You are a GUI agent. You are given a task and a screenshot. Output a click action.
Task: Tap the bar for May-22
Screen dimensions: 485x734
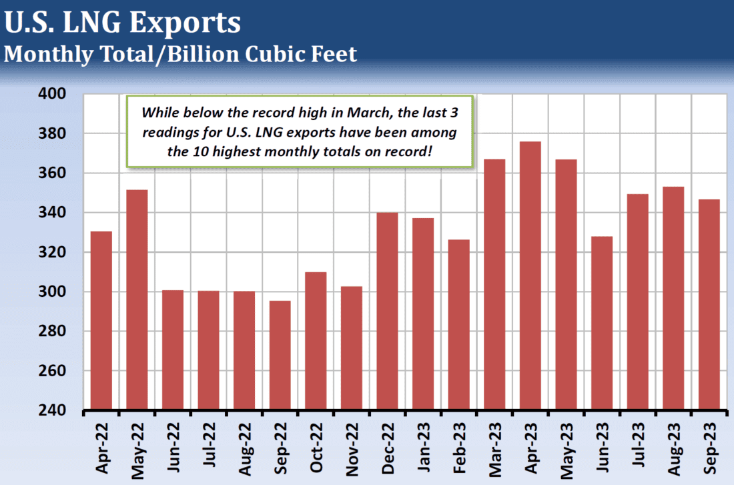[137, 300]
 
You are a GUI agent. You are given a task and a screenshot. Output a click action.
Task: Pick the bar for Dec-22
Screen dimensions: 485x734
[388, 311]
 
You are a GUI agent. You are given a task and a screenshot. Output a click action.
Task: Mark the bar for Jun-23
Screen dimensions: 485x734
[602, 323]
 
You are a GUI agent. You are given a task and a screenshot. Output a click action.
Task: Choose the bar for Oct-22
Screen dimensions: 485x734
[316, 340]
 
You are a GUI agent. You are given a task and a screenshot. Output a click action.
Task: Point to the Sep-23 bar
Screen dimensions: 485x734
[709, 304]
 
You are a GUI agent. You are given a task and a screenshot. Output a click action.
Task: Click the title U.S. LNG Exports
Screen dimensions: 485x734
[122, 23]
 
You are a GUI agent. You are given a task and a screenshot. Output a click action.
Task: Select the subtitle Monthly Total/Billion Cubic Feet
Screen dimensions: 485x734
[180, 53]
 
